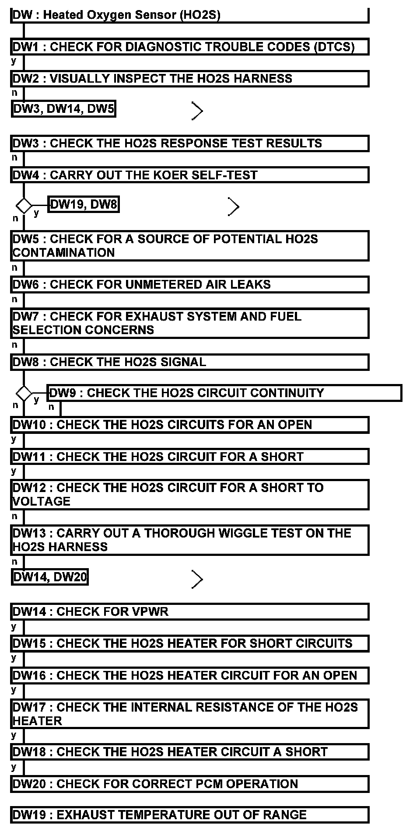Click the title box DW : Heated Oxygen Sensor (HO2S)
tap(189, 15)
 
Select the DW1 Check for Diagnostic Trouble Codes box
tap(189, 47)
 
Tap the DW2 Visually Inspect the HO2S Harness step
tap(189, 79)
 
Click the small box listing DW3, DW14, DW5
tap(63, 109)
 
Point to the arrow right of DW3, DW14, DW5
tap(197, 111)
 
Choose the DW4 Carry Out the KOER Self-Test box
tap(189, 175)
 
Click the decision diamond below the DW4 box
tap(24, 205)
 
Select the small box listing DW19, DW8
tap(84, 204)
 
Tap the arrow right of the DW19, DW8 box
tap(234, 206)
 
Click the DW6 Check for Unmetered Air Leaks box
tap(189, 285)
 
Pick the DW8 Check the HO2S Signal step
tap(189, 362)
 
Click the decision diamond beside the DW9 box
tap(24, 393)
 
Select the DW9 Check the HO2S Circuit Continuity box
tap(224, 393)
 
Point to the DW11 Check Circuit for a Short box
tap(189, 457)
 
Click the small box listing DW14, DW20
tap(50, 577)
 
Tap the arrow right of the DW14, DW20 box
tap(197, 580)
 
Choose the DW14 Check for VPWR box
tap(189, 611)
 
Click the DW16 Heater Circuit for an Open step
tap(189, 675)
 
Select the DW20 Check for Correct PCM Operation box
tap(189, 784)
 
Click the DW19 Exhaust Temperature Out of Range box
tap(189, 815)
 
